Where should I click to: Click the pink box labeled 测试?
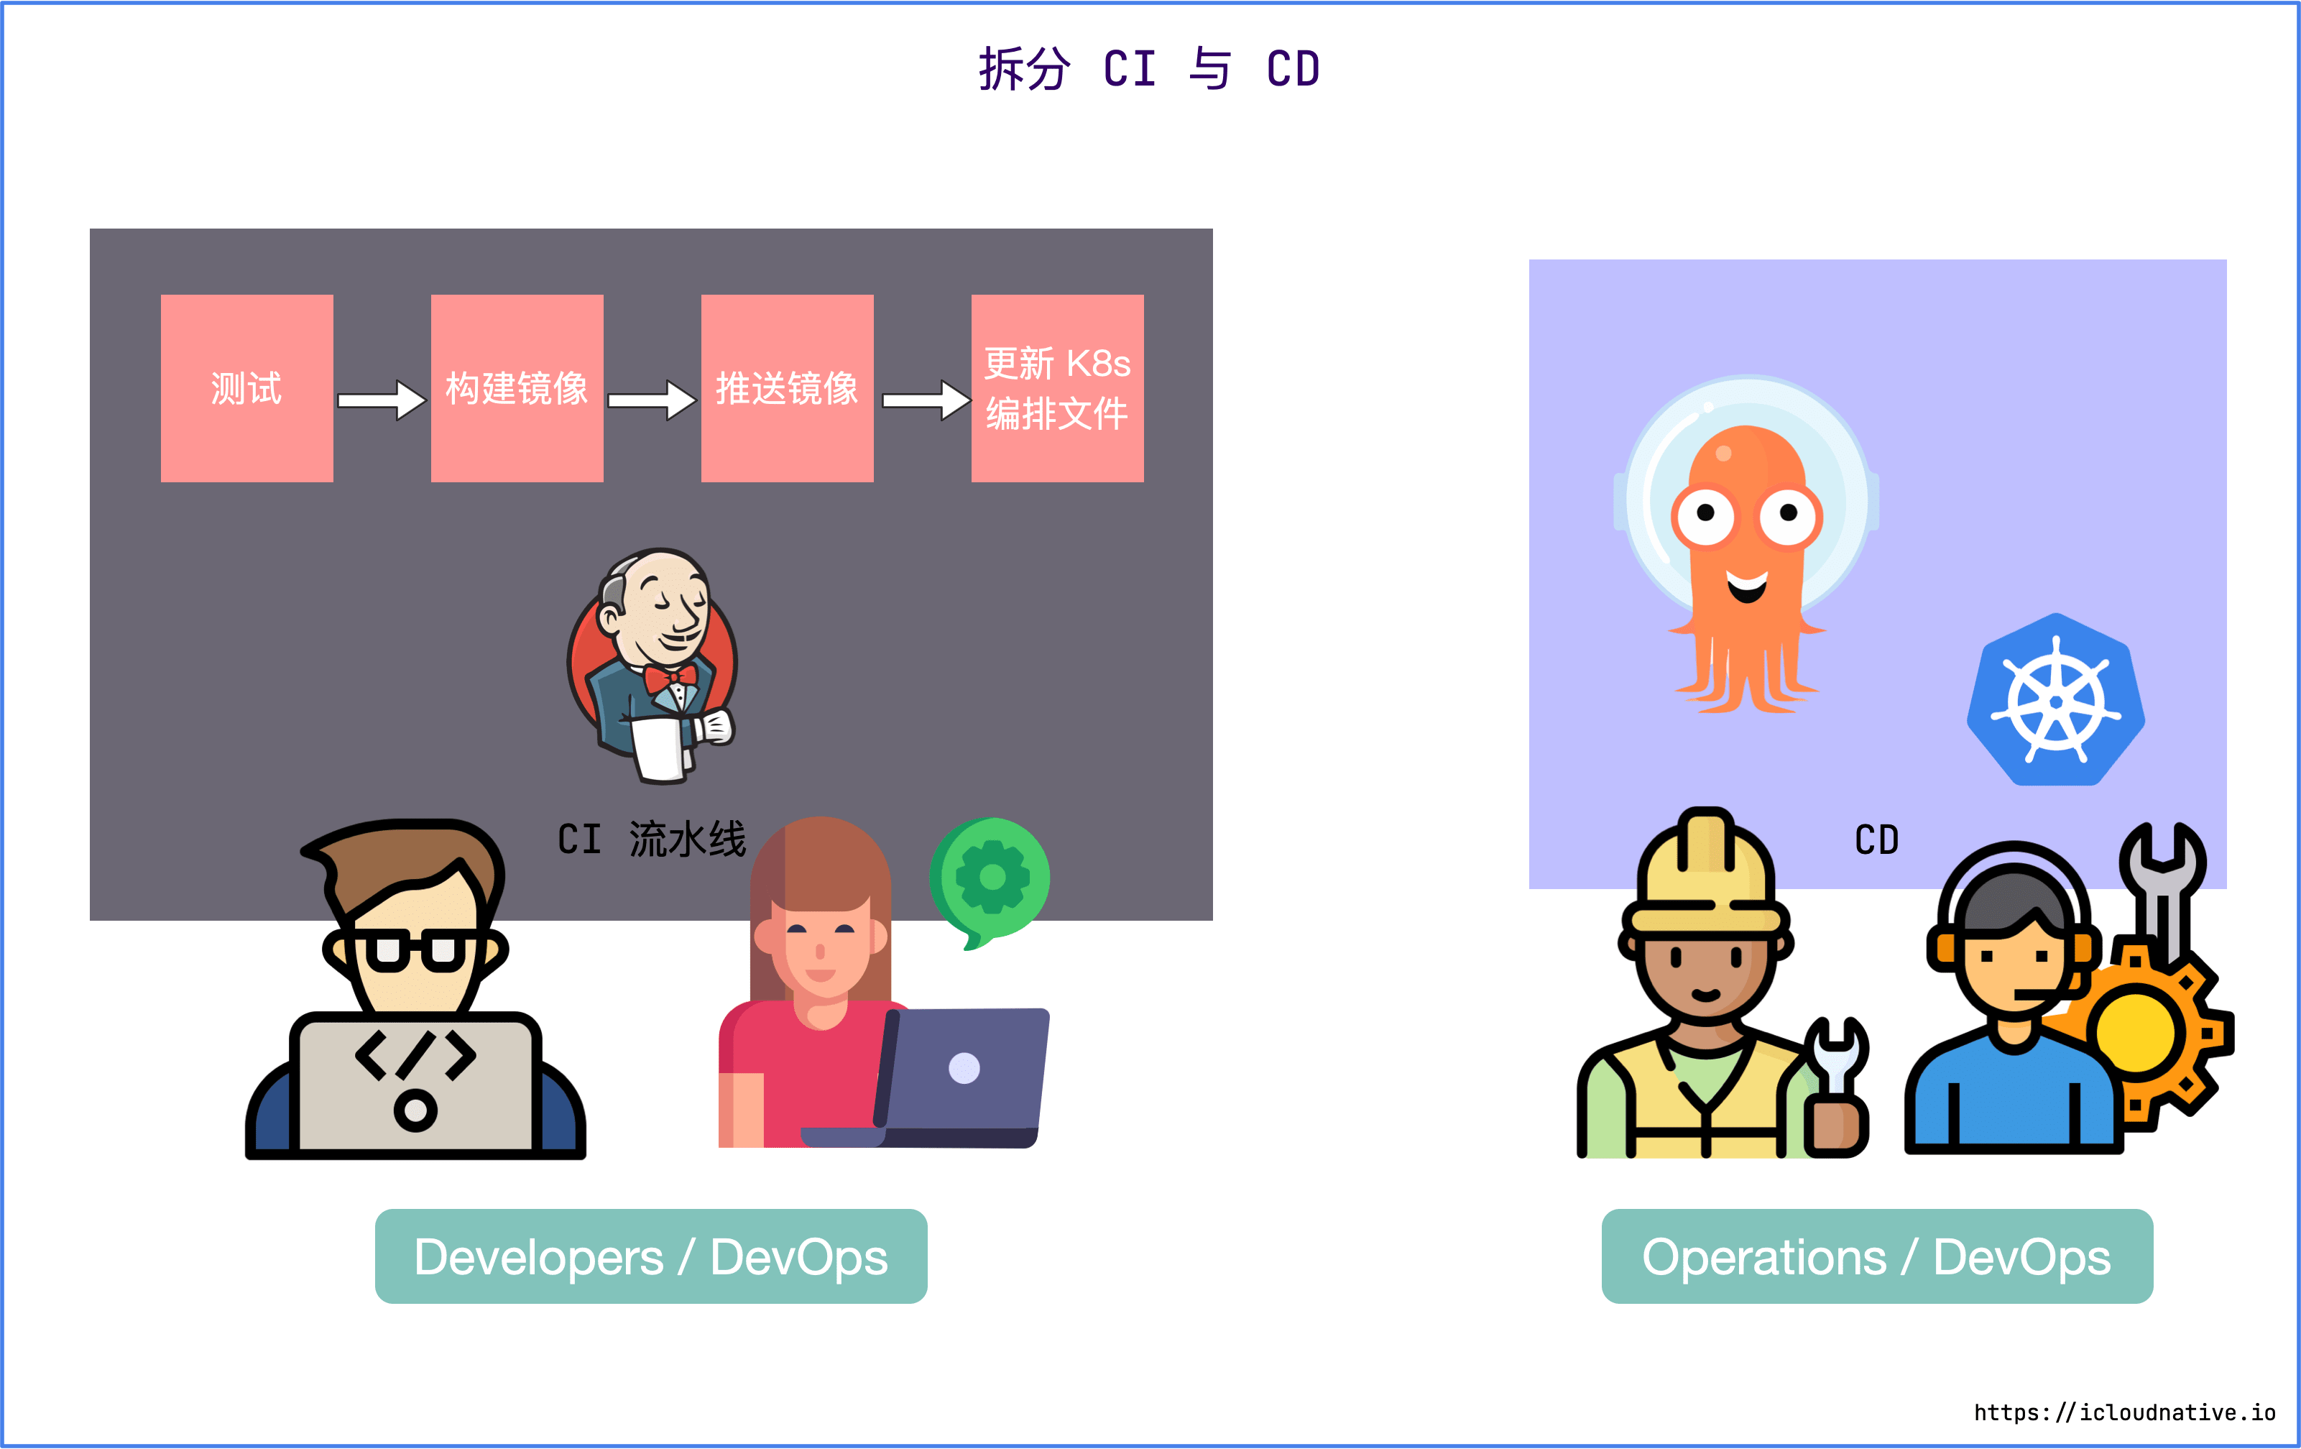246,388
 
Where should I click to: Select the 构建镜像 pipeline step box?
517,388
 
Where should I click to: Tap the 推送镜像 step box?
788,388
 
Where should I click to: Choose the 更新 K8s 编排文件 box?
1057,388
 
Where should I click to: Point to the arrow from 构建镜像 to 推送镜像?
652,400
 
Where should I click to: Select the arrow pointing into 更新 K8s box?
925,400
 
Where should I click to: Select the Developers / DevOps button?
651,1256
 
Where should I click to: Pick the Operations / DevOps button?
1877,1256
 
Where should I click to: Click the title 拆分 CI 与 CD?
1150,70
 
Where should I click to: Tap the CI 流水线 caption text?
652,839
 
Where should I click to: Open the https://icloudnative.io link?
2124,1412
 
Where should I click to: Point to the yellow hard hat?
1707,875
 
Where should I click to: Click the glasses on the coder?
415,950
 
